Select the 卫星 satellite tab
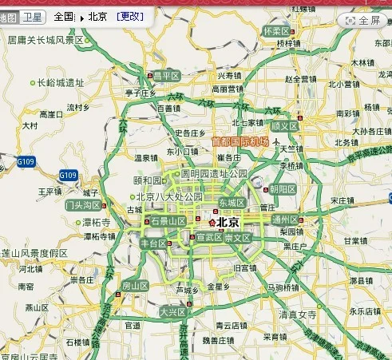point(32,16)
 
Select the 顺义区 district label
point(284,126)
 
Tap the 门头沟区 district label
point(82,205)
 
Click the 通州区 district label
point(308,220)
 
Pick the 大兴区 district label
point(172,312)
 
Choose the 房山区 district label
point(134,286)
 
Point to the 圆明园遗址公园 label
point(215,173)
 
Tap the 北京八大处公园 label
point(169,197)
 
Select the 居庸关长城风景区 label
point(46,38)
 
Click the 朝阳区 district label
point(283,189)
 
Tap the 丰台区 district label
point(153,243)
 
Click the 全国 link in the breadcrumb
point(65,16)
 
